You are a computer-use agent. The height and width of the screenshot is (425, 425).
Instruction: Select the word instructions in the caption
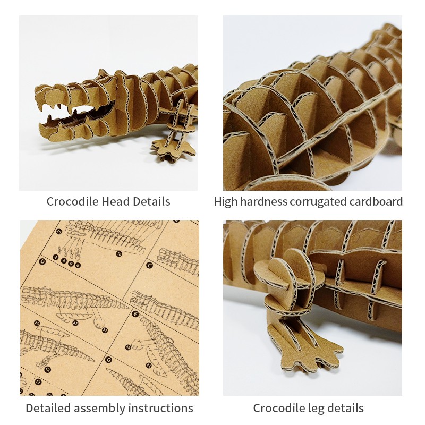tap(160, 408)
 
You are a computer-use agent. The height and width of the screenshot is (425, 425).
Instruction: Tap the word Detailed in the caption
tap(48, 408)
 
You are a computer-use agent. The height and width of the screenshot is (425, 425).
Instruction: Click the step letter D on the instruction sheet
tap(42, 261)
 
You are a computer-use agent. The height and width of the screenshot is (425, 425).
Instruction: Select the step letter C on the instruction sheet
tap(149, 265)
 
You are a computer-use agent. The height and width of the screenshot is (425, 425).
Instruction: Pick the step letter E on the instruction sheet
tap(135, 314)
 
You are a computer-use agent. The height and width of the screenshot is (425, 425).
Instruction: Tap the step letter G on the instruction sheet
tap(108, 360)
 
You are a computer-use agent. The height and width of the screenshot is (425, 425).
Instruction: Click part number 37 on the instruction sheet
tap(105, 330)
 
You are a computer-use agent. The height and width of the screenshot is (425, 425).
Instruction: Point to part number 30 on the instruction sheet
tap(119, 254)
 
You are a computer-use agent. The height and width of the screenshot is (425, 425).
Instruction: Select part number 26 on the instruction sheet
tap(59, 232)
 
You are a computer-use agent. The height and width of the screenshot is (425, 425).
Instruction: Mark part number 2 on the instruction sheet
tap(56, 257)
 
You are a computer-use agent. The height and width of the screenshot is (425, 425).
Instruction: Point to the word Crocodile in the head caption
tap(72, 201)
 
